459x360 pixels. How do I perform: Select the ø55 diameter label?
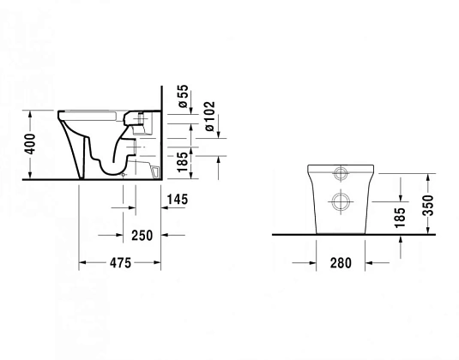point(183,98)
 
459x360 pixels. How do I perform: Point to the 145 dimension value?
point(178,200)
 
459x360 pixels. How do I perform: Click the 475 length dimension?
point(120,263)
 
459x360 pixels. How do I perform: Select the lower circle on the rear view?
point(339,203)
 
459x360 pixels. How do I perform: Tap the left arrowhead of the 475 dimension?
point(85,263)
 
